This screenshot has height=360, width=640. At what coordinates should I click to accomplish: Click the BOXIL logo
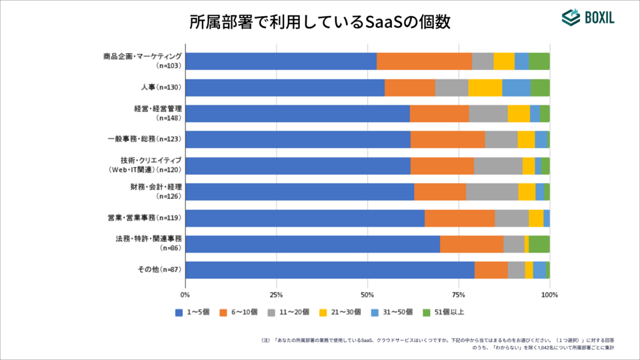[587, 19]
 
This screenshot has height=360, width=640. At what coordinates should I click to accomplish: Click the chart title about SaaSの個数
[320, 21]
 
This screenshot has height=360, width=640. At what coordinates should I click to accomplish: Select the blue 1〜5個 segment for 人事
[285, 87]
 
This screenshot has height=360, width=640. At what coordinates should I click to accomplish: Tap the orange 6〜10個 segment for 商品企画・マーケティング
[424, 61]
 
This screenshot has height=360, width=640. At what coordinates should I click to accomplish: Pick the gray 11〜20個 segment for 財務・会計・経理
[492, 192]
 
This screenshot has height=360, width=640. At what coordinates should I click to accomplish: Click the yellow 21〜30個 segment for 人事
[485, 87]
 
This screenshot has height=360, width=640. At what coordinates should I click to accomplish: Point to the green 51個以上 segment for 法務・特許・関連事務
[539, 244]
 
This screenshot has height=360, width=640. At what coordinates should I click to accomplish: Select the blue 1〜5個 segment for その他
[329, 270]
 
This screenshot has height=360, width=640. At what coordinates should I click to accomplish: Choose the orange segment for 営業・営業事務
[459, 218]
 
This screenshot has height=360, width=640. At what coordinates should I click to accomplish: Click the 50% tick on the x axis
[367, 293]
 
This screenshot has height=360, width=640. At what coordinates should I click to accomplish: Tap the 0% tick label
[185, 293]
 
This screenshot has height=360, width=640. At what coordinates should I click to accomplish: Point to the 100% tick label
[549, 293]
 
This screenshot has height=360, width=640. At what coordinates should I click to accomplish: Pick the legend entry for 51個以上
[449, 312]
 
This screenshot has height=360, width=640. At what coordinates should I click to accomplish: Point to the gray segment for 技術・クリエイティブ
[498, 166]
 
